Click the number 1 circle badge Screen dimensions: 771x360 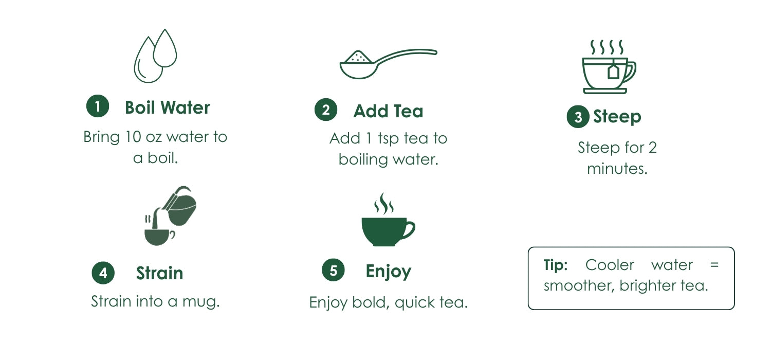click(98, 106)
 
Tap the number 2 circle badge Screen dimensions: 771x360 click(325, 110)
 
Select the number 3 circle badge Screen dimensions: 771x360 click(578, 117)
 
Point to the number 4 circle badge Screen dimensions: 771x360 click(103, 273)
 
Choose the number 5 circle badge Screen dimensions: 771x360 click(333, 270)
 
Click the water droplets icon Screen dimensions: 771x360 click(155, 56)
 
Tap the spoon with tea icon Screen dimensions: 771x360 click(388, 64)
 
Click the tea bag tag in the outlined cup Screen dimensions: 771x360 click(613, 71)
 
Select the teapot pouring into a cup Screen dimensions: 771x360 click(170, 216)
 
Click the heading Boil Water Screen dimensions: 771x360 click(167, 107)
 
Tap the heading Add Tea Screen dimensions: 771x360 click(388, 111)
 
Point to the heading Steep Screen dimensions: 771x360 click(617, 117)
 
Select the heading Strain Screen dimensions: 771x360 click(159, 273)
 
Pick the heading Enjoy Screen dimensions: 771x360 click(388, 272)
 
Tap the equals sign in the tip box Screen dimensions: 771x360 click(714, 265)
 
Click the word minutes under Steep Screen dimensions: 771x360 click(617, 169)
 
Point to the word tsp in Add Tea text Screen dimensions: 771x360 click(389, 139)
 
